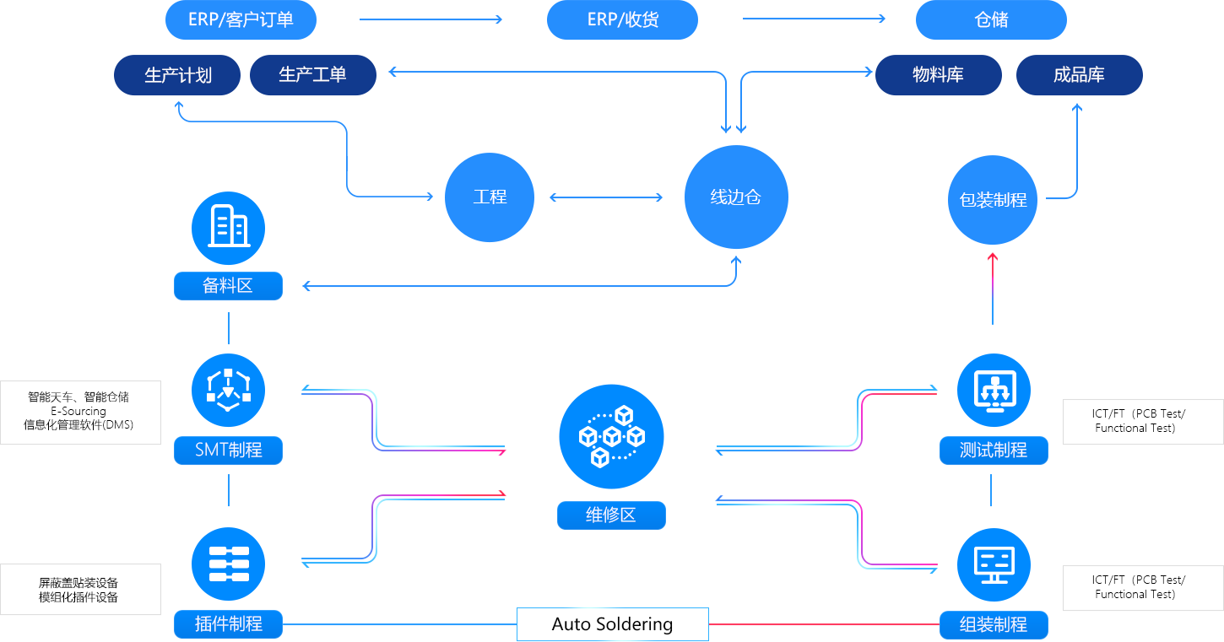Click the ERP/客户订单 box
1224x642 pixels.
[x=241, y=20]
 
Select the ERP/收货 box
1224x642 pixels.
[x=622, y=20]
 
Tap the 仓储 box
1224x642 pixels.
[x=991, y=20]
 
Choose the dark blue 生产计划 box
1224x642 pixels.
[x=178, y=75]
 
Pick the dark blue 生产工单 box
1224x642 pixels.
[x=312, y=75]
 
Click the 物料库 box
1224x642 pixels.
[x=938, y=75]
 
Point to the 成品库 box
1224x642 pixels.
[x=1078, y=75]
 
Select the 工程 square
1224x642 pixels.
[x=490, y=197]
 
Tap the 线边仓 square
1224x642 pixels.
[x=735, y=197]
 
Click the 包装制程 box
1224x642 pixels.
[x=992, y=201]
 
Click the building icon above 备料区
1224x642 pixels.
[x=228, y=228]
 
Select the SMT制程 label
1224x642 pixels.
[x=228, y=450]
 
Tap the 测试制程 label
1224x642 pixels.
[x=994, y=450]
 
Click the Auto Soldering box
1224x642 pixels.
[x=612, y=624]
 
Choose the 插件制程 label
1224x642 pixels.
[x=228, y=624]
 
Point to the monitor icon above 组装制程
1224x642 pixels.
[x=994, y=564]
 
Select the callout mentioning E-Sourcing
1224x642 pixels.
[x=80, y=412]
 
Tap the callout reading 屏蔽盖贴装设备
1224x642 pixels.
[x=80, y=590]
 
